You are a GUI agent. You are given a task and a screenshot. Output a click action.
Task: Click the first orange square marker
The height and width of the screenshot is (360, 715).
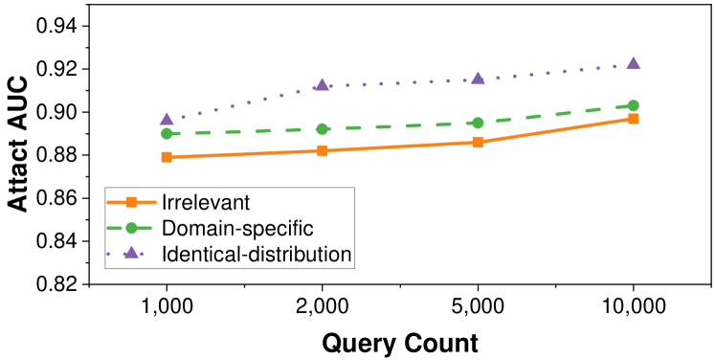(x=167, y=156)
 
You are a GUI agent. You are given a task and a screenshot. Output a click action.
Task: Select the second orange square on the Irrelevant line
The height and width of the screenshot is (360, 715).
(x=322, y=150)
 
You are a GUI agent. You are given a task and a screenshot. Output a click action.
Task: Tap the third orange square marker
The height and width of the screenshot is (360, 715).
(x=478, y=142)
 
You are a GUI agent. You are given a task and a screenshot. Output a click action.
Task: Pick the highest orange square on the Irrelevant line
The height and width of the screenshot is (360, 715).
(x=633, y=119)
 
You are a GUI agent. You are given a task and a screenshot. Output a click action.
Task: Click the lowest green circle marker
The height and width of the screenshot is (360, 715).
(x=167, y=134)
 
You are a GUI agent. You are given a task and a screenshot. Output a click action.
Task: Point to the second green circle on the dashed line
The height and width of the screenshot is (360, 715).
(x=323, y=128)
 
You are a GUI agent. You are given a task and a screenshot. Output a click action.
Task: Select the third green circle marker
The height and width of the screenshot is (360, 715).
(x=478, y=123)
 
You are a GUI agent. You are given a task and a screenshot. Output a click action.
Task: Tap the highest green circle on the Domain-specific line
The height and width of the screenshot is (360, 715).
(x=633, y=105)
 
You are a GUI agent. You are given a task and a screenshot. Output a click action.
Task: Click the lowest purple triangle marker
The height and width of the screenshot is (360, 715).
(x=167, y=119)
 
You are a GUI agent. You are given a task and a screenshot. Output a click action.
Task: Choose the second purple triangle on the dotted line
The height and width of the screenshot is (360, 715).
(x=323, y=84)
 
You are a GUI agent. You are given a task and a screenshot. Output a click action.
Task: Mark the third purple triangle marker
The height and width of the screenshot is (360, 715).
(x=478, y=79)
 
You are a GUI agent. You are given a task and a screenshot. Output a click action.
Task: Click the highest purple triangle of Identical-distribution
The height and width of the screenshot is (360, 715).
(x=633, y=63)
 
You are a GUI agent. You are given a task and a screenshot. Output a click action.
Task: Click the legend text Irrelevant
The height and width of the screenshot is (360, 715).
(x=206, y=202)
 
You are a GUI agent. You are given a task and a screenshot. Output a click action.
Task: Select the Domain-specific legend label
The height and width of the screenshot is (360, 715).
(x=238, y=229)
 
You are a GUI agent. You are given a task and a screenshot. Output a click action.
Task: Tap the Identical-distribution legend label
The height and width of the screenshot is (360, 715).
(x=257, y=255)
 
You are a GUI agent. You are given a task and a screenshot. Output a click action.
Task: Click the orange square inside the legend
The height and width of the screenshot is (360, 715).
(x=132, y=202)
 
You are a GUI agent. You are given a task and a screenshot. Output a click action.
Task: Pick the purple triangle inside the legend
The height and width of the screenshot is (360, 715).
(x=132, y=254)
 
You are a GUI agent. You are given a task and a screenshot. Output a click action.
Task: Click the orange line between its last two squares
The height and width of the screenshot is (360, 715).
(x=555, y=130)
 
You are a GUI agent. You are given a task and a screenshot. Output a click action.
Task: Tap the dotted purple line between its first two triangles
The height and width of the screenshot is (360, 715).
(x=244, y=101)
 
